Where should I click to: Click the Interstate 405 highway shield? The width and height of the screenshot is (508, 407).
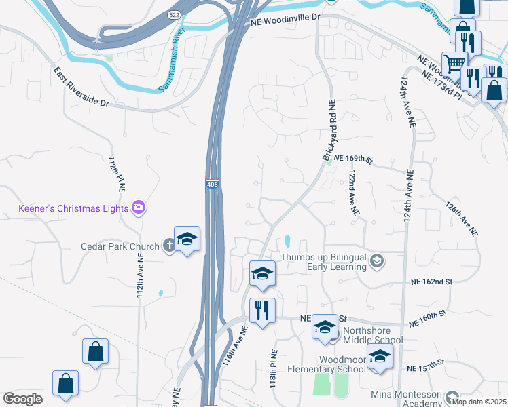pyautogui.click(x=212, y=184)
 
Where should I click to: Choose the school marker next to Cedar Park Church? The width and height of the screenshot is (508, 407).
pyautogui.click(x=187, y=239)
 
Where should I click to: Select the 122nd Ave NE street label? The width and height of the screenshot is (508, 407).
pyautogui.click(x=354, y=193)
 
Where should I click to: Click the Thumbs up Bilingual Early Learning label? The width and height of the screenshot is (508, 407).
pyautogui.click(x=325, y=262)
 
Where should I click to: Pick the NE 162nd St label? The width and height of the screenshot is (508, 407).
pyautogui.click(x=431, y=282)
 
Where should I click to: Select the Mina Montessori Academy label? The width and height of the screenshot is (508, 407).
pyautogui.click(x=407, y=399)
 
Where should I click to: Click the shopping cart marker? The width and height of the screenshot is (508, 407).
pyautogui.click(x=454, y=64)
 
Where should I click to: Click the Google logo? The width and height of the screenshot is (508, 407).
pyautogui.click(x=22, y=399)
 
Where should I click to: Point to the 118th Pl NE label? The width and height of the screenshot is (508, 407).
pyautogui.click(x=274, y=369)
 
